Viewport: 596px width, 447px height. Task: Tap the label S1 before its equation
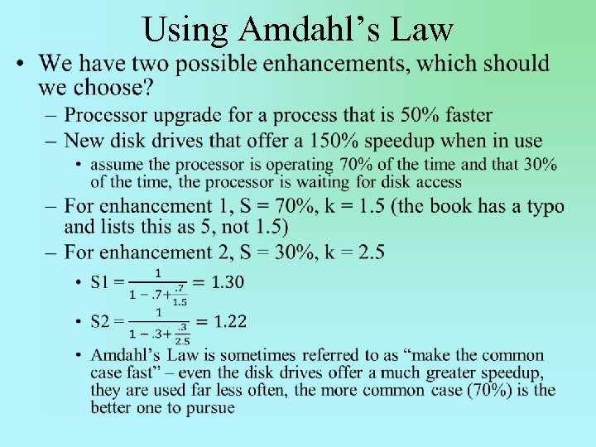click(x=100, y=283)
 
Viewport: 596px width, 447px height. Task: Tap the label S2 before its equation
click(x=100, y=322)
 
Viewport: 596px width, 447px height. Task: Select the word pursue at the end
click(x=210, y=407)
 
